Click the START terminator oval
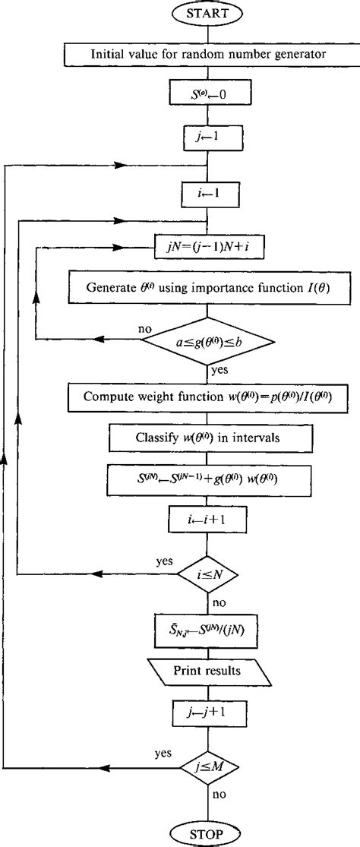[x=207, y=14]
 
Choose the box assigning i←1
[x=207, y=193]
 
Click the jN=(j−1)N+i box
[x=207, y=247]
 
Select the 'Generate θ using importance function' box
[x=207, y=289]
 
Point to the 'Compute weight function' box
[x=207, y=397]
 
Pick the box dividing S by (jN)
[x=207, y=630]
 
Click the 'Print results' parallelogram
[x=207, y=672]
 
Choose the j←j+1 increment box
[x=207, y=713]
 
